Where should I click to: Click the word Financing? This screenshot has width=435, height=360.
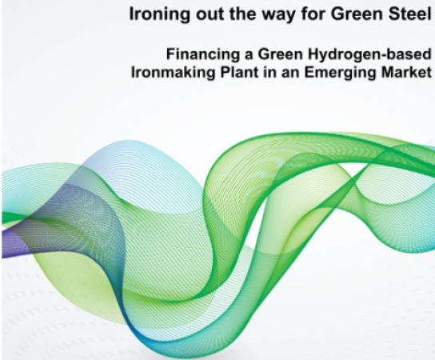(x=202, y=55)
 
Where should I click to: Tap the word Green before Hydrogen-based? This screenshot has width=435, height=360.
(x=280, y=54)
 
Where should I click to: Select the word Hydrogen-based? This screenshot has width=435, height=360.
(x=369, y=55)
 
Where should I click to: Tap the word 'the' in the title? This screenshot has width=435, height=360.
(x=244, y=14)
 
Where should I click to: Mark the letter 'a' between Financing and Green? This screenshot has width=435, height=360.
(x=249, y=56)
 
